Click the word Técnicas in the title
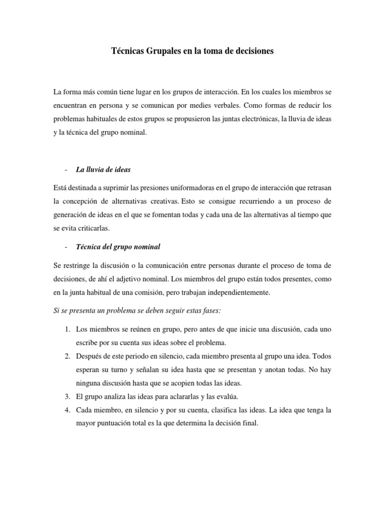127,51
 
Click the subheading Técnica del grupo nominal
118,246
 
